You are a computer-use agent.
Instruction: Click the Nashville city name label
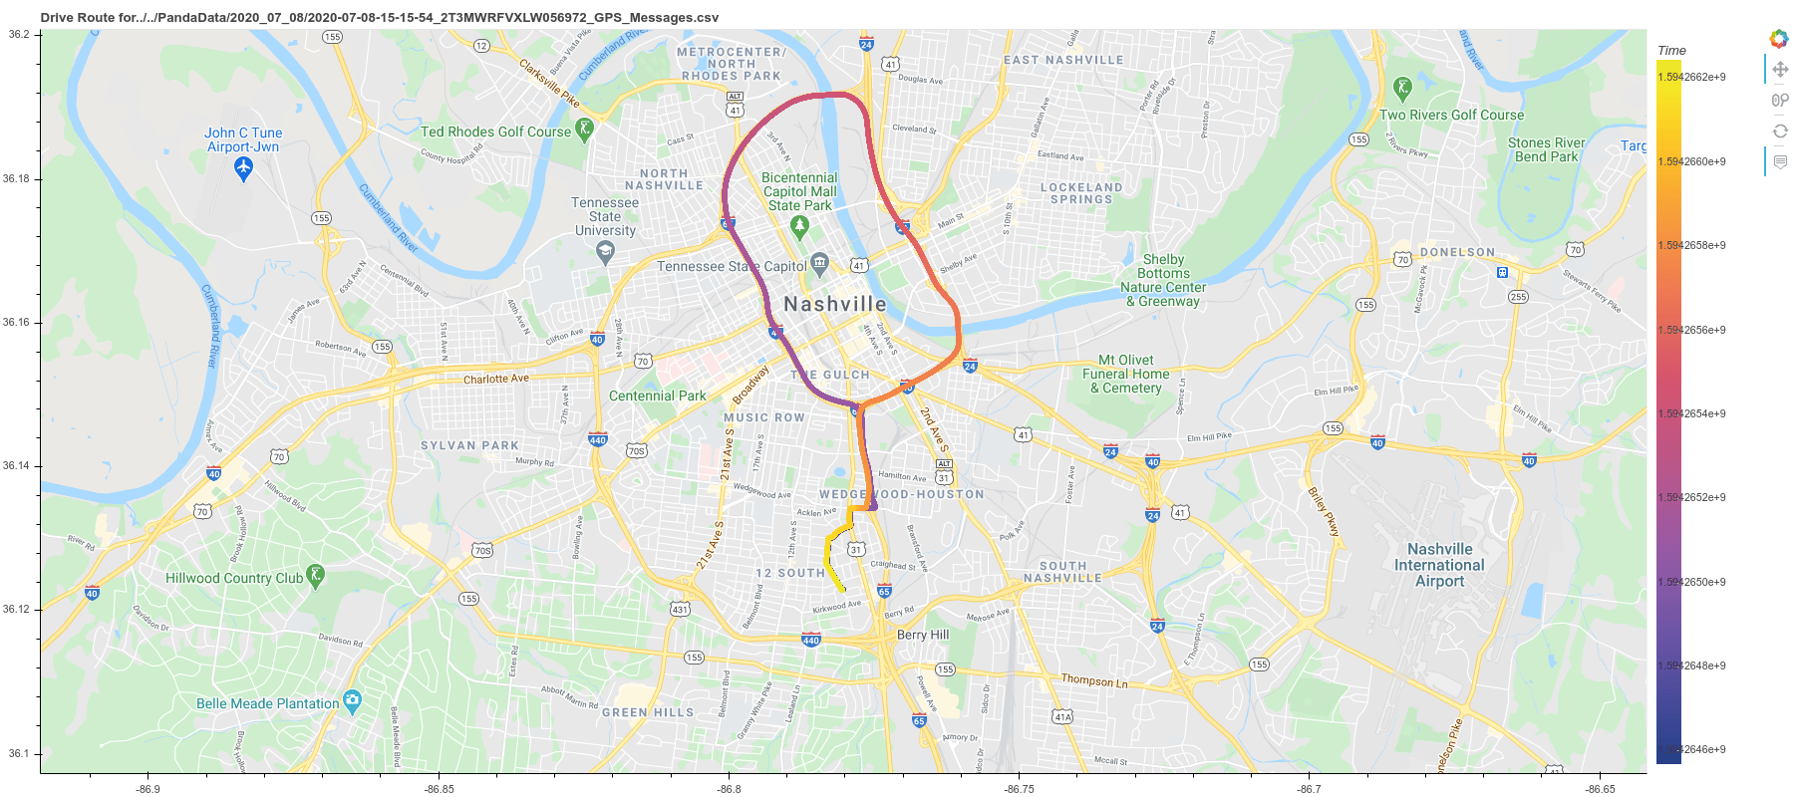[x=834, y=304]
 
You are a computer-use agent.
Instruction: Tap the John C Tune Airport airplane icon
[x=243, y=169]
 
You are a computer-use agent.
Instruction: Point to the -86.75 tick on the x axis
[x=1019, y=788]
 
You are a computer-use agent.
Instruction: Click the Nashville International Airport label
[x=1438, y=565]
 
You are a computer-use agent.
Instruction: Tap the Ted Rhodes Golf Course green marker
[x=584, y=130]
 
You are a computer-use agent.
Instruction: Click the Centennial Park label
[x=657, y=396]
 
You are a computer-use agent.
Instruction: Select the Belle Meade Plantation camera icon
[x=352, y=701]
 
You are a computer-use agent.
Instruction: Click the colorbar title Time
[x=1671, y=50]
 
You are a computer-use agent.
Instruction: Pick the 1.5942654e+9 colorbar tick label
[x=1692, y=413]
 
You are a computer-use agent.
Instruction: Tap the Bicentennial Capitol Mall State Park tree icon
[x=798, y=227]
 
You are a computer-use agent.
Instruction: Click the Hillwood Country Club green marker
[x=316, y=576]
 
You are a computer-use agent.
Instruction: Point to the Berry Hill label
[x=923, y=635]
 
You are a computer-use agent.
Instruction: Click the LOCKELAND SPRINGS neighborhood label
[x=1081, y=193]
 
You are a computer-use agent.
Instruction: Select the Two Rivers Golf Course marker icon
[x=1402, y=89]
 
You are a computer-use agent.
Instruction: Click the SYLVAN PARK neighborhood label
[x=469, y=445]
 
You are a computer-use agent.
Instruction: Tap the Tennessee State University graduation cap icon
[x=605, y=252]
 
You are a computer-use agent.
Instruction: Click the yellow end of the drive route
[x=843, y=590]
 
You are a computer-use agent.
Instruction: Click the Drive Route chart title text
[x=379, y=17]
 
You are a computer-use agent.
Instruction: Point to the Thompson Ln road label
[x=1094, y=680]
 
